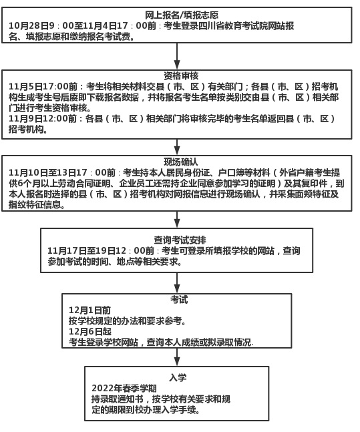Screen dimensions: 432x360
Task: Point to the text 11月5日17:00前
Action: [x=43, y=87]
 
